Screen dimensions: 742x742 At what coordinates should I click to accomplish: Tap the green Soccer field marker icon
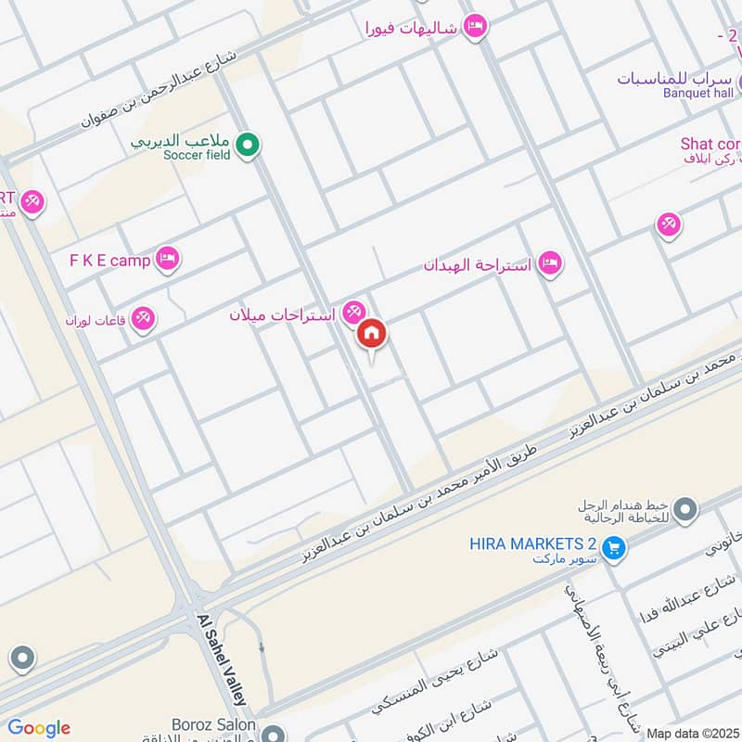pos(247,145)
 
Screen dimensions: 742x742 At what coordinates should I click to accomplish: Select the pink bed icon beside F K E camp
pos(167,259)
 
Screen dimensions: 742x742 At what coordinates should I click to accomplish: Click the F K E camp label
pos(109,260)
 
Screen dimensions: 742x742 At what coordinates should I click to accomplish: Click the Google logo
pos(38,728)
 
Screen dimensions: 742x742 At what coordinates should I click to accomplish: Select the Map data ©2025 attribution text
pos(693,733)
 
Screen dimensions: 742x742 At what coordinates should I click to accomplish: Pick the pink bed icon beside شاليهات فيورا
pos(474,27)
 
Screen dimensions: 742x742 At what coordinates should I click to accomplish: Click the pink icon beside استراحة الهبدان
pos(550,264)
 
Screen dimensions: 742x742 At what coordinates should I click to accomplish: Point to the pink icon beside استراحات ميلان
pos(352,313)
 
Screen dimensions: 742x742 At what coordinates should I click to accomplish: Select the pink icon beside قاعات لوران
pos(143,319)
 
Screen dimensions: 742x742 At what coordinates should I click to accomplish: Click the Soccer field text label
pos(196,155)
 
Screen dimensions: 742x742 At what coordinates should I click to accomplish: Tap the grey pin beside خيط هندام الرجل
pos(685,508)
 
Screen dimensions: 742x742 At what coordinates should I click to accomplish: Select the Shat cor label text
pos(710,144)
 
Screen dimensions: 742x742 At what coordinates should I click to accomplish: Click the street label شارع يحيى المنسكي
pos(436,681)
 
